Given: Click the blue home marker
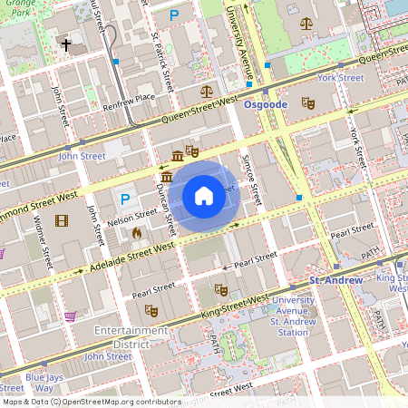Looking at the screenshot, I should (x=203, y=196).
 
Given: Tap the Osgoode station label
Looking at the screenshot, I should (x=266, y=105).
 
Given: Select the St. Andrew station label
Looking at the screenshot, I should (x=336, y=280).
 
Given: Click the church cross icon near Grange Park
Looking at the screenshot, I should (x=65, y=44).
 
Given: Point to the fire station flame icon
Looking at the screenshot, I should (x=136, y=233).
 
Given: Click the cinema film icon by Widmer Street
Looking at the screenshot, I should (x=61, y=219).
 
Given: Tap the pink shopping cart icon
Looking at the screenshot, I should (x=70, y=316).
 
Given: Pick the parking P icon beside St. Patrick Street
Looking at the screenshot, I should (x=173, y=15).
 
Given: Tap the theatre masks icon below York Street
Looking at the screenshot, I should (x=306, y=103).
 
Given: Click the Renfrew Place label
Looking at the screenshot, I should (x=129, y=98).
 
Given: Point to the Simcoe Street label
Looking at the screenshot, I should (x=256, y=178).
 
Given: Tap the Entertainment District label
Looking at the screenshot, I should (x=132, y=337).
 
